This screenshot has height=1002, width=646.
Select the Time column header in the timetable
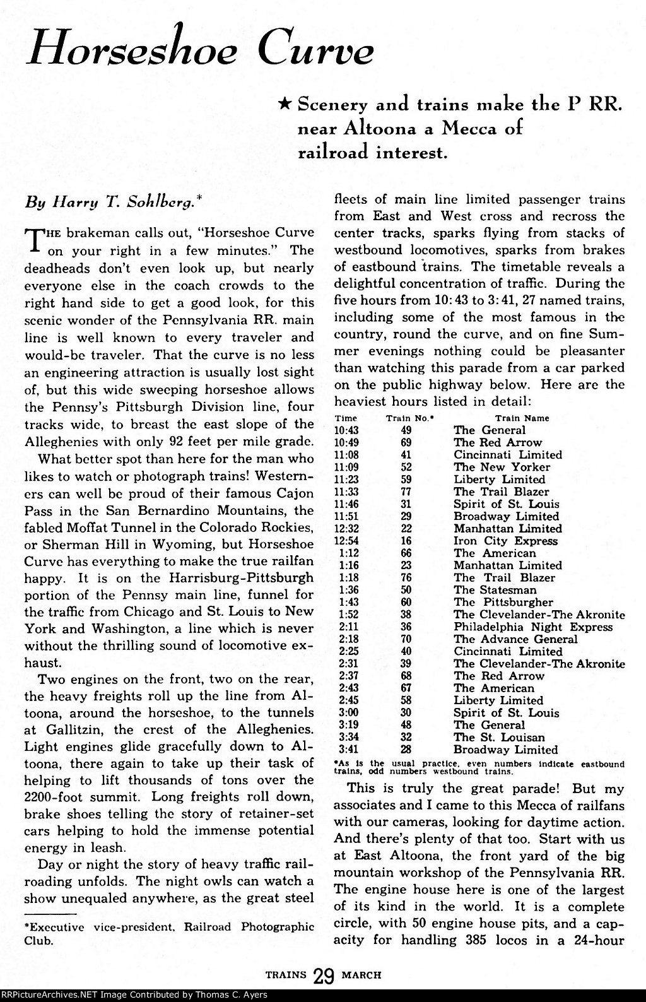pos(345,418)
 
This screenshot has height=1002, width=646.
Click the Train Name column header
pos(522,418)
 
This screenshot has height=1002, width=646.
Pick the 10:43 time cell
pos(345,430)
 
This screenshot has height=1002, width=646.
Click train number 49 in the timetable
pos(406,430)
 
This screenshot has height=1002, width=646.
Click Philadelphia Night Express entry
pos(533,627)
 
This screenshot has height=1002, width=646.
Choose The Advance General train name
pos(515,639)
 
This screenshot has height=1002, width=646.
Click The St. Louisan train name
pos(499,738)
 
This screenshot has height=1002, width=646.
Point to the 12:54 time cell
pos(345,541)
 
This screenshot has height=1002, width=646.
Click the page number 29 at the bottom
pos(324,975)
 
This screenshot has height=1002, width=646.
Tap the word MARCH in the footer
pos(361,974)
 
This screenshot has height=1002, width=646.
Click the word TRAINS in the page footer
pos(286,974)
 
